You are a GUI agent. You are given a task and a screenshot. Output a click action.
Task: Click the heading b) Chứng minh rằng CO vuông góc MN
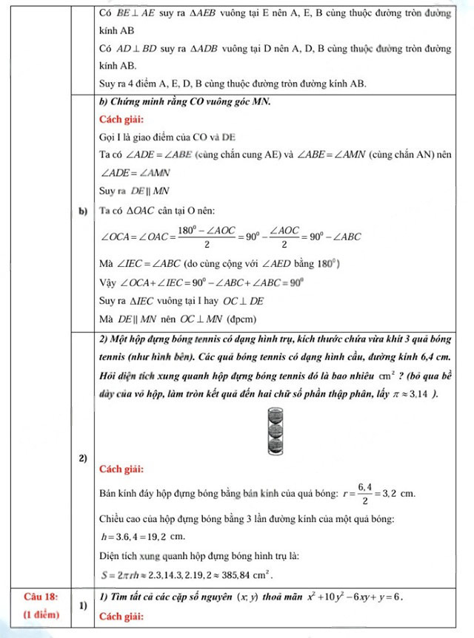(184, 101)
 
